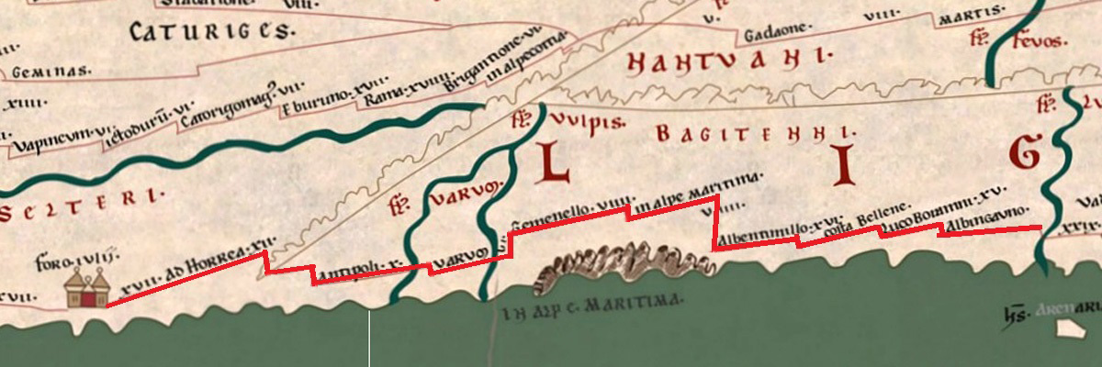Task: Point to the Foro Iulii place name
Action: point(65,262)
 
